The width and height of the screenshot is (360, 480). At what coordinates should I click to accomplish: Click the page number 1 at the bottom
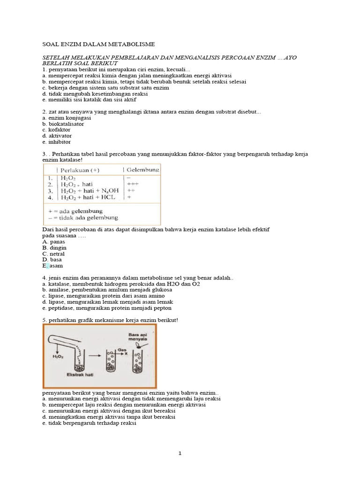point(180,454)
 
